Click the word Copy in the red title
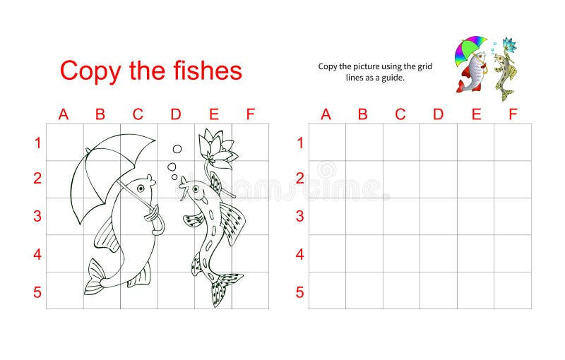pyautogui.click(x=90, y=71)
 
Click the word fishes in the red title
pyautogui.click(x=204, y=71)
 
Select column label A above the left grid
pyautogui.click(x=64, y=114)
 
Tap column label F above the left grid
pyautogui.click(x=249, y=114)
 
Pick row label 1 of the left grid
pyautogui.click(x=37, y=143)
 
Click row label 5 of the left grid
pyautogui.click(x=37, y=292)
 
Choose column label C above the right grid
pyautogui.click(x=400, y=114)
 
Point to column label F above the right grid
pyautogui.click(x=513, y=114)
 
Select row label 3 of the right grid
pyautogui.click(x=299, y=216)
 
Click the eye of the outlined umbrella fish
pyautogui.click(x=141, y=188)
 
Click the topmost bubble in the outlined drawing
pyautogui.click(x=177, y=149)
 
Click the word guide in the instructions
pyautogui.click(x=393, y=78)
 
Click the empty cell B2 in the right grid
pyautogui.click(x=364, y=179)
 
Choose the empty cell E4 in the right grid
pyautogui.click(x=475, y=253)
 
